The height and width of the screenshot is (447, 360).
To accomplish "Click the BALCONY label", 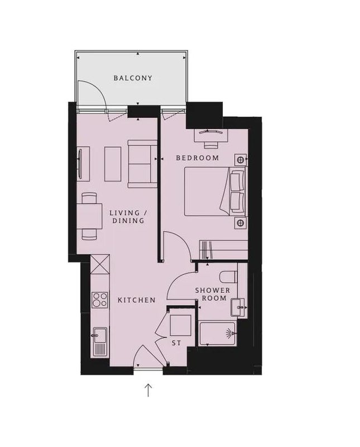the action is pos(133,78).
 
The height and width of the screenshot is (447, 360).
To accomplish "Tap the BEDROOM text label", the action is pos(198,158).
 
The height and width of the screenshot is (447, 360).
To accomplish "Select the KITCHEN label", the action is pos(137,300).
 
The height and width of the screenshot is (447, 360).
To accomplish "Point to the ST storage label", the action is pos(176,343).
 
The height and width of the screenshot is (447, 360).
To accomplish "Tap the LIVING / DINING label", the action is pos(128,217).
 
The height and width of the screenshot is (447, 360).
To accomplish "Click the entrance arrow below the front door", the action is pos(148,390).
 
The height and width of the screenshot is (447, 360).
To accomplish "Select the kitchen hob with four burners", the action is pos(100,300).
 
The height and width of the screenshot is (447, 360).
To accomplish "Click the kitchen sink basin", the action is pos(100,335).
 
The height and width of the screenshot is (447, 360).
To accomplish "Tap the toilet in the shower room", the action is pos(229,277).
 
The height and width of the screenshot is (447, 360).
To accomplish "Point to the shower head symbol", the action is pos(230,332).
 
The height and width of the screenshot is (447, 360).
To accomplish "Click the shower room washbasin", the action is pos(238,307).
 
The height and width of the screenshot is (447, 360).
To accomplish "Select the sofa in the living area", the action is pos(142,164).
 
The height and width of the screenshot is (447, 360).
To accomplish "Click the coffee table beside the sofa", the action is pos(113,164).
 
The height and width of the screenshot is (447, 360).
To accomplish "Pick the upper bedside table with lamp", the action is pos(241,160).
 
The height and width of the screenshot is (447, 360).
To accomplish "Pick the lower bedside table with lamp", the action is pos(241,222).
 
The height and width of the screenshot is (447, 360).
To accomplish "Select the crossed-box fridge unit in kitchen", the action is pos(100,264).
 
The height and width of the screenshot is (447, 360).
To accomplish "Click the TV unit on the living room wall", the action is pos(83,163).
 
